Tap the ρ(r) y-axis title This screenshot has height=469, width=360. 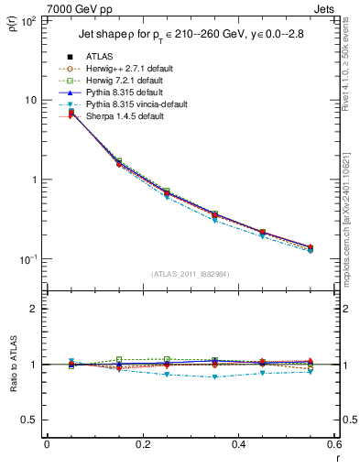pos(13,23)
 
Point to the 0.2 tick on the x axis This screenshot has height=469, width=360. pos(142,444)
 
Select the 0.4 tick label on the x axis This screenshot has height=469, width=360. pos(237,444)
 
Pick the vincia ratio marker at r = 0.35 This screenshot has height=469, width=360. pos(237,376)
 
